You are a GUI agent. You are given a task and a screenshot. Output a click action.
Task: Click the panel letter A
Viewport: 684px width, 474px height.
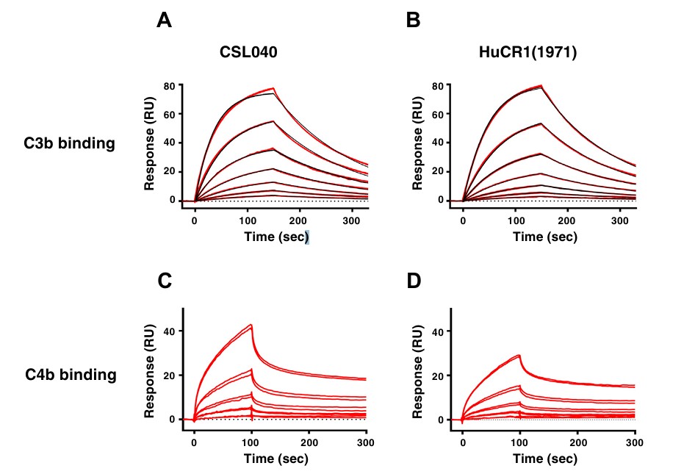tap(165, 21)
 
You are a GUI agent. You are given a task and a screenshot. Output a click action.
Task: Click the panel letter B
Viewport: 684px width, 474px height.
tap(414, 21)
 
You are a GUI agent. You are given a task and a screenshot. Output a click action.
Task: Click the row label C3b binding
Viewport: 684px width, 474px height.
tap(70, 143)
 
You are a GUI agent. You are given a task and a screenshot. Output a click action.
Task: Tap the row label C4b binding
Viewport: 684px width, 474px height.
tap(71, 375)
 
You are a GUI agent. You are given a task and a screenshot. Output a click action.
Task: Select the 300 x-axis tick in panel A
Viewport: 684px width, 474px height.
tap(352, 220)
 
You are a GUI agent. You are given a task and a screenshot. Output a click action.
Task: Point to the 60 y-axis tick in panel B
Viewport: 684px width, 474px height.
tap(439, 115)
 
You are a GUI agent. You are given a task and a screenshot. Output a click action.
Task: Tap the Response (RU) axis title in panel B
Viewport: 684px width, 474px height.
tap(417, 142)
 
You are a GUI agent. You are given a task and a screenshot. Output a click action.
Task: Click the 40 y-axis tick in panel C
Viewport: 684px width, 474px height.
tap(170, 331)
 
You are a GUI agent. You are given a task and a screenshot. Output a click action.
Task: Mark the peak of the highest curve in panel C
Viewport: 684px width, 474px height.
tap(251, 325)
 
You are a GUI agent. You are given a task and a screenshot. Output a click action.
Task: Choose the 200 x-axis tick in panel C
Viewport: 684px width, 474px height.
tap(309, 443)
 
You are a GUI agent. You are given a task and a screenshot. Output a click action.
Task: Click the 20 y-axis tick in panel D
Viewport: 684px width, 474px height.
tap(439, 376)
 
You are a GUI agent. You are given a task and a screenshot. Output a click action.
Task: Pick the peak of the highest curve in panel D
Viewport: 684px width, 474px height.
tap(519, 356)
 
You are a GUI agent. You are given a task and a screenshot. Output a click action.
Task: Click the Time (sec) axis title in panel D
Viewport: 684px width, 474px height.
tap(545, 459)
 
